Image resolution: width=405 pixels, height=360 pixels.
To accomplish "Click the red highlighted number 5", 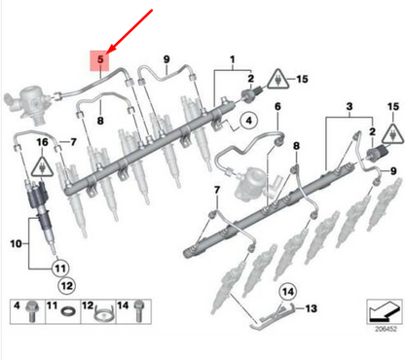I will [x=98, y=60].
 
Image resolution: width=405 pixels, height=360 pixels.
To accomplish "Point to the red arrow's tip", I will [x=110, y=49].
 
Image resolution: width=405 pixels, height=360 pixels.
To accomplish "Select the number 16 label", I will [x=41, y=142].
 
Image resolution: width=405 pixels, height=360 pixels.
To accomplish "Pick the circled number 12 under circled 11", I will [x=65, y=286].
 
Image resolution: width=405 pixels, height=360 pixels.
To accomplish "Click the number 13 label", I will [x=312, y=308].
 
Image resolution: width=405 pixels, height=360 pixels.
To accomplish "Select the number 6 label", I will [x=277, y=106].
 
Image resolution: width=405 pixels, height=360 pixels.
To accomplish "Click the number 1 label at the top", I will [x=233, y=60].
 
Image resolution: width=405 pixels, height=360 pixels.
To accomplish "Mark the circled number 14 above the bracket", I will [x=287, y=291].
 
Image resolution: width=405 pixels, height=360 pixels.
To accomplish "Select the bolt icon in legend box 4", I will [x=32, y=312].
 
